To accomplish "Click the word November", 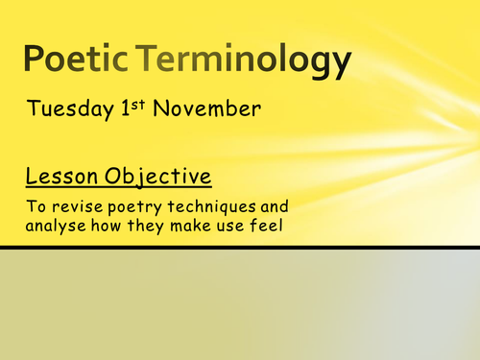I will click(x=204, y=108).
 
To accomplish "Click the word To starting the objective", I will click(x=35, y=206).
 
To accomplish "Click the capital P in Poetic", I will click(x=36, y=61).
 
